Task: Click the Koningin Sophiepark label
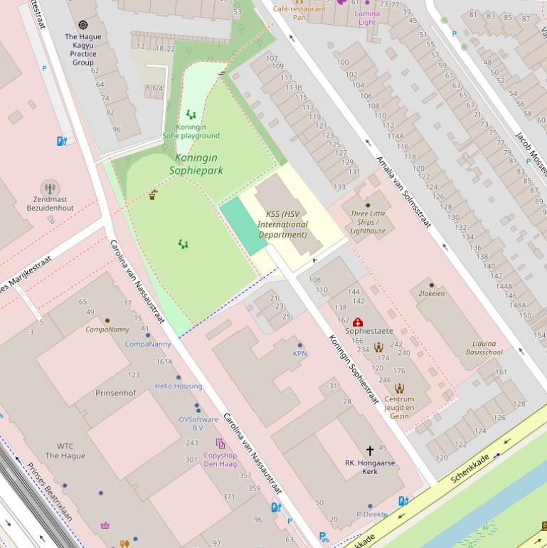point(196,164)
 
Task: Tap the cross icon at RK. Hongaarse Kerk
point(370,450)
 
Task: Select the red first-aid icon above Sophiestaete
point(358,322)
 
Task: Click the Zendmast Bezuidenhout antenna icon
point(50,189)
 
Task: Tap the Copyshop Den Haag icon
point(221,443)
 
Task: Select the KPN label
point(299,354)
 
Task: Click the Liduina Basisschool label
point(484,347)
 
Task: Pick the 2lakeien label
point(432,293)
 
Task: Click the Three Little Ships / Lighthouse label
point(368,222)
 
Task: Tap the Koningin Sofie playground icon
point(191,114)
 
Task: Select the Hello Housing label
point(179,386)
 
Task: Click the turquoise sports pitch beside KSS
point(244,226)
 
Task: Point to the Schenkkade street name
point(470,468)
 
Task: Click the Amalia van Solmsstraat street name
point(403,191)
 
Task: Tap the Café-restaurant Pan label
point(299,13)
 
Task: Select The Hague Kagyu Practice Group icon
point(83,25)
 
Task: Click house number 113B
point(294,88)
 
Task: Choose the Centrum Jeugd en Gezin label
point(399,408)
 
